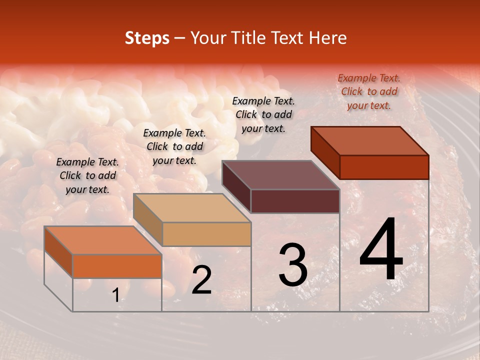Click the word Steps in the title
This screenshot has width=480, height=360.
click(147, 38)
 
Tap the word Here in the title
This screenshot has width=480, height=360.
click(327, 38)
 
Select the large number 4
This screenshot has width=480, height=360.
click(381, 250)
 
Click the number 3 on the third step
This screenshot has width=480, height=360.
click(293, 265)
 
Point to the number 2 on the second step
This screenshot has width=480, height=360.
click(201, 280)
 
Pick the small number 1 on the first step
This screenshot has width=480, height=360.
click(116, 295)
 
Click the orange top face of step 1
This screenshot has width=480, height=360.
click(102, 240)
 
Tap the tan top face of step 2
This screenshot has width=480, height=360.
click(191, 208)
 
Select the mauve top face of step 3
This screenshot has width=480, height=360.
click(280, 175)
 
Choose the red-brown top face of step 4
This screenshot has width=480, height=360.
click(369, 141)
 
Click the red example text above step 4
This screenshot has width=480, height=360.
click(369, 91)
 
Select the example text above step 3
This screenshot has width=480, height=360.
click(263, 114)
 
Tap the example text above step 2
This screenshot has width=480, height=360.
click(174, 146)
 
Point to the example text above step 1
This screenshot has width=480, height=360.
click(87, 175)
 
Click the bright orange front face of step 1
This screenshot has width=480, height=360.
click(117, 266)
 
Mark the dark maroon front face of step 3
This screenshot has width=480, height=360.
click(295, 201)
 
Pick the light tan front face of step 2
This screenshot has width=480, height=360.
click(206, 234)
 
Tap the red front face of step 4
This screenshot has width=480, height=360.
click(384, 167)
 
